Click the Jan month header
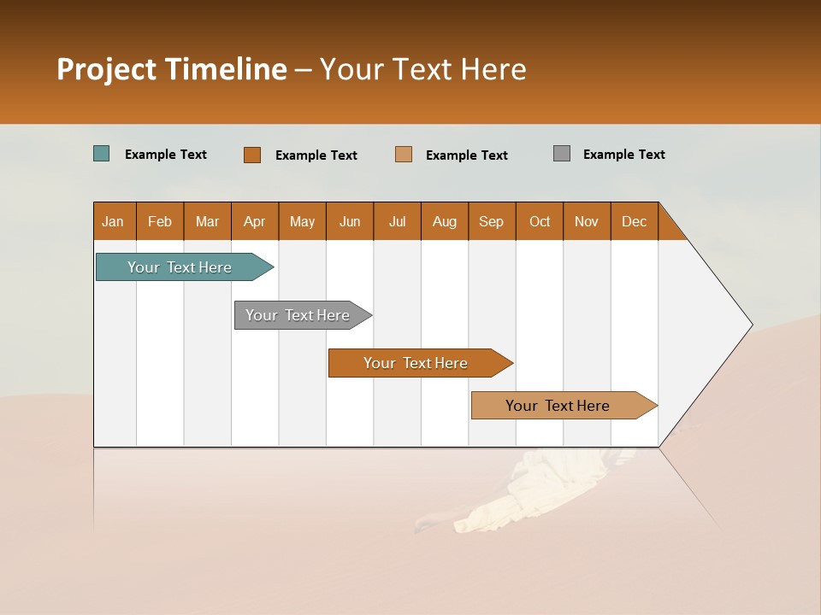[114, 221]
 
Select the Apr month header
[255, 221]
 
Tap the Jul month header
[397, 221]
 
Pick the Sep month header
[492, 221]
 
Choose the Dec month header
[634, 221]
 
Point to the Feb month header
[160, 221]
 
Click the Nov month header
[587, 221]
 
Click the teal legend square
[102, 154]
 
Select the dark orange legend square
[252, 155]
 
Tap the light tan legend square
[404, 155]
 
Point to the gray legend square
[562, 154]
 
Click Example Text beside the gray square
[624, 155]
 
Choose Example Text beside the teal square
[166, 155]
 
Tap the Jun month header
[350, 221]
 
